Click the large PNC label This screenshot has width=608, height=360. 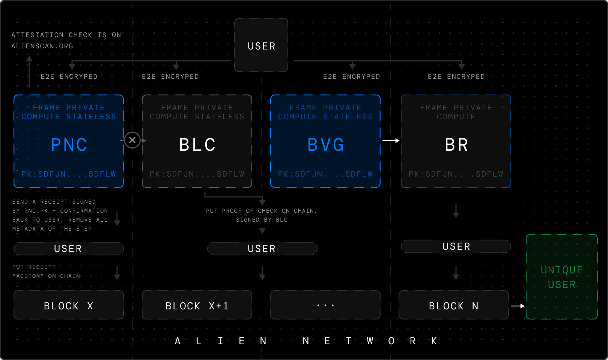click(69, 145)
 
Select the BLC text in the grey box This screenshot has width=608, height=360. click(197, 145)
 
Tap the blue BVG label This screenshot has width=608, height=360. click(326, 145)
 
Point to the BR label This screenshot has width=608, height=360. click(456, 145)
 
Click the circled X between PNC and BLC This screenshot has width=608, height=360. click(132, 140)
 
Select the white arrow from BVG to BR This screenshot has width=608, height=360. click(391, 141)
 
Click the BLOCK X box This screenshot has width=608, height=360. click(69, 305)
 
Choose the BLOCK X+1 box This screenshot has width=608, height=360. click(197, 305)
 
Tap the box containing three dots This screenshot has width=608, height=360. click(325, 305)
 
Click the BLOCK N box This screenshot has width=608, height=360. click(453, 305)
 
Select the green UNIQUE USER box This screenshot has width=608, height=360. click(562, 277)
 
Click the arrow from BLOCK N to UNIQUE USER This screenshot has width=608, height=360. click(518, 306)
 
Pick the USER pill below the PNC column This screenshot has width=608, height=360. click(69, 249)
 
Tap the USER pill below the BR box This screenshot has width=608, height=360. click(456, 246)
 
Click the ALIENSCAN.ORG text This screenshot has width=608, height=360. click(42, 46)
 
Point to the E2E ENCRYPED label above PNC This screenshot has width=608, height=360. click(69, 76)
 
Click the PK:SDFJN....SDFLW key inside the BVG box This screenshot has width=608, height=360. click(325, 174)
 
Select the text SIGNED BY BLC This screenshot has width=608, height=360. click(262, 220)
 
